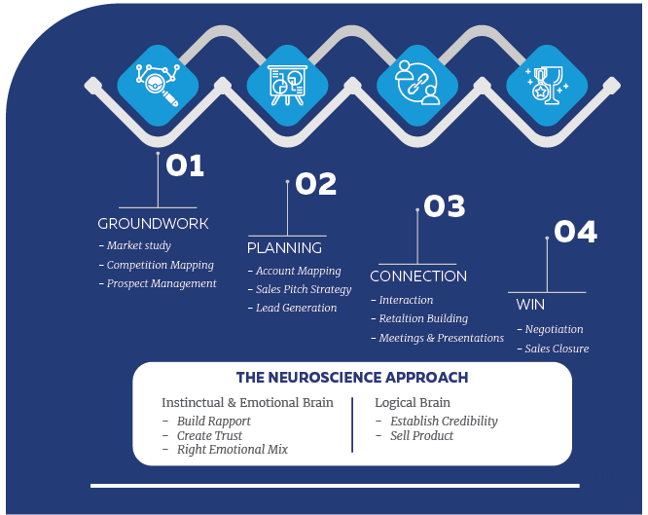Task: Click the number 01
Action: tap(185, 166)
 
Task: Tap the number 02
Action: tap(315, 184)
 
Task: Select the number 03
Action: tap(445, 206)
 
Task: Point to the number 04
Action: tap(575, 232)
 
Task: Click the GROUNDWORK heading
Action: tap(153, 224)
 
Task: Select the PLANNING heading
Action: tap(284, 248)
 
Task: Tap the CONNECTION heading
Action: tap(418, 276)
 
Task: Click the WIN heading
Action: tap(530, 305)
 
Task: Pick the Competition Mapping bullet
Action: tap(160, 265)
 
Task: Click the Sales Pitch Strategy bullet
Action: tap(303, 289)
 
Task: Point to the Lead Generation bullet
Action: tap(296, 308)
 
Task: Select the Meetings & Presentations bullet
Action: tap(441, 338)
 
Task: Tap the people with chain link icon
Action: tap(415, 85)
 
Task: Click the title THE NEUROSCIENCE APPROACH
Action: tap(351, 378)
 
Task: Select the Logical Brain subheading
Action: tap(413, 402)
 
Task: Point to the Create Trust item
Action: tap(208, 435)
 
